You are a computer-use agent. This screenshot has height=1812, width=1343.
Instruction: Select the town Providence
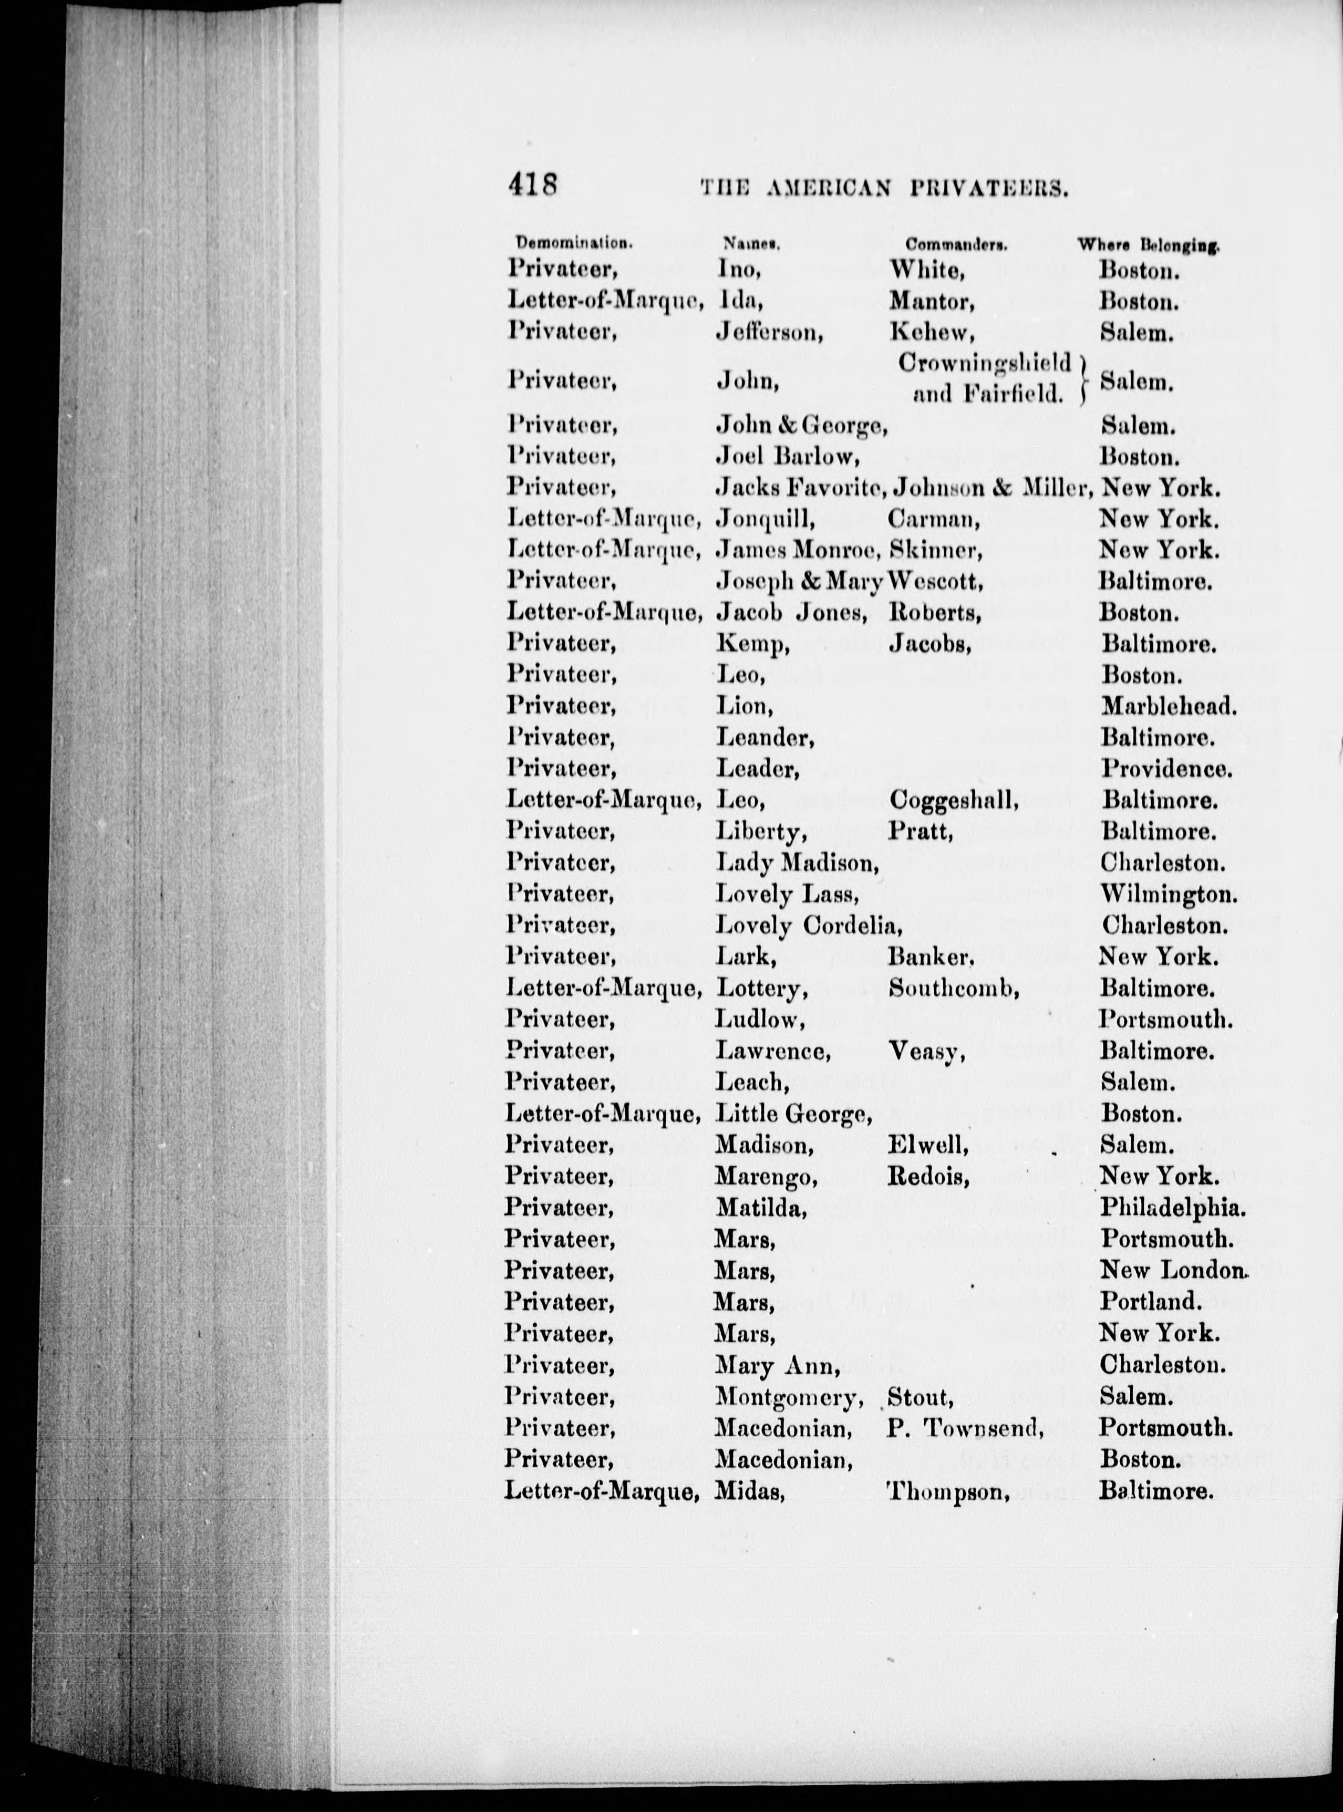pyautogui.click(x=1166, y=768)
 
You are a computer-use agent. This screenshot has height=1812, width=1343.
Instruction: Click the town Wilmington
pyautogui.click(x=1168, y=894)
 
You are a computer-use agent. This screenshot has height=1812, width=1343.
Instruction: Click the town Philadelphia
pyautogui.click(x=1172, y=1209)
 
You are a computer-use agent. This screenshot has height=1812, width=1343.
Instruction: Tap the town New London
pyautogui.click(x=1172, y=1271)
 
